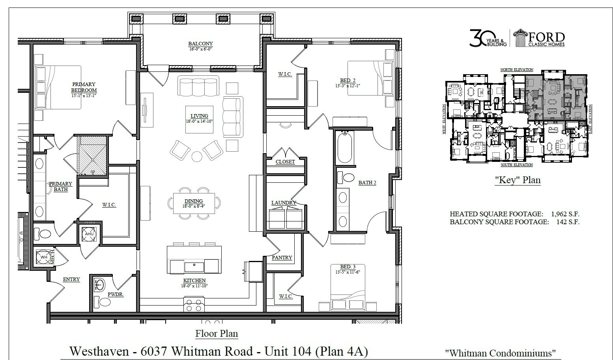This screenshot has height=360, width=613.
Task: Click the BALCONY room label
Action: click(x=200, y=44)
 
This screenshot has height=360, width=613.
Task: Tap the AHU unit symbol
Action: click(x=89, y=234)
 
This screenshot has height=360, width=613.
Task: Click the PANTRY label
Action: click(x=282, y=258)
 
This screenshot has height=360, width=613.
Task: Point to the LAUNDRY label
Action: click(x=284, y=203)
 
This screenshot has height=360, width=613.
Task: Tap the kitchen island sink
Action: click(x=194, y=266)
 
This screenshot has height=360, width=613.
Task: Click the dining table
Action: click(x=194, y=203)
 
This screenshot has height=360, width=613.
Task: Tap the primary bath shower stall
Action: click(x=93, y=155)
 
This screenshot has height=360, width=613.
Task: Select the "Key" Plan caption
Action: click(x=518, y=180)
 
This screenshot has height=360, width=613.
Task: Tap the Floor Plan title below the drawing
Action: click(x=217, y=334)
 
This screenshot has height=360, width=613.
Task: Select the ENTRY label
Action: click(x=71, y=279)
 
